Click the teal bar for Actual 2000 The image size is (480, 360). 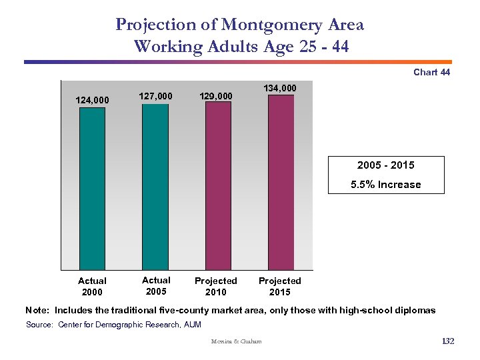click(x=92, y=189)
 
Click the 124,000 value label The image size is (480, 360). click(x=92, y=100)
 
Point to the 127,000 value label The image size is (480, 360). click(x=155, y=96)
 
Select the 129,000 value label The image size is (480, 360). click(x=216, y=97)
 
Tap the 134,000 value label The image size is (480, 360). click(x=280, y=88)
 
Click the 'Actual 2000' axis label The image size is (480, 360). click(x=92, y=287)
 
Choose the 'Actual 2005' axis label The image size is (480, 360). click(x=156, y=286)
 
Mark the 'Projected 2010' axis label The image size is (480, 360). click(x=216, y=287)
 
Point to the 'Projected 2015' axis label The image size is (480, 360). click(x=280, y=287)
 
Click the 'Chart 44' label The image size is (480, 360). click(x=431, y=72)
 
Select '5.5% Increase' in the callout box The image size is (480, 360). click(x=386, y=185)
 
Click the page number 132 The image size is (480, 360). click(x=447, y=341)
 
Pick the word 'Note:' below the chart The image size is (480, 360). click(x=37, y=310)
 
